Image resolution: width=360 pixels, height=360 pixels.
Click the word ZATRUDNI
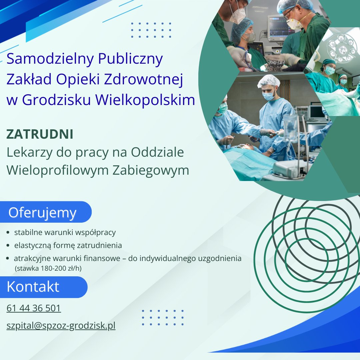40,135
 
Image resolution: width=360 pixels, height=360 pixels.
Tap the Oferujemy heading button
43,212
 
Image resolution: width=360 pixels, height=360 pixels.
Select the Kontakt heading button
33,287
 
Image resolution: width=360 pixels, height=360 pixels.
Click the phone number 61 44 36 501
34,308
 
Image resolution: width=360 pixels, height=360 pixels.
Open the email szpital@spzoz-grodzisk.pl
61,325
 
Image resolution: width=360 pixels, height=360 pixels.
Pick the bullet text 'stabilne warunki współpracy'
65,232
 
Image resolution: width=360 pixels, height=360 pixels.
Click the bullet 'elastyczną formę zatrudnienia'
68,246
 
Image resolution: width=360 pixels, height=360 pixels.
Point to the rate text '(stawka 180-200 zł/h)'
48,268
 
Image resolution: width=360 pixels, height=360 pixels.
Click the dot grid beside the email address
163,317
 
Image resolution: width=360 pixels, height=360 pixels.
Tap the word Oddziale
157,152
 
